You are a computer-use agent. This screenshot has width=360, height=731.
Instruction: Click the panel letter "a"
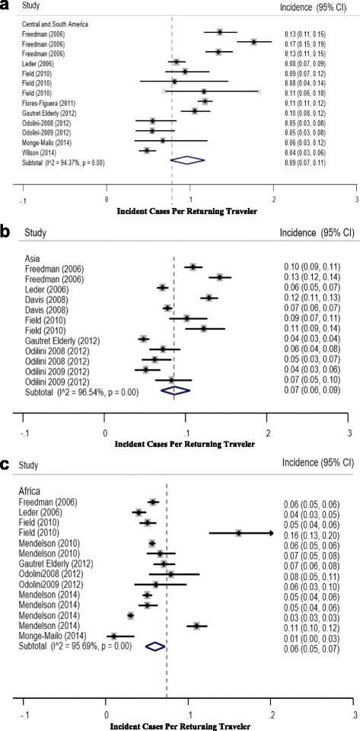(x=6, y=7)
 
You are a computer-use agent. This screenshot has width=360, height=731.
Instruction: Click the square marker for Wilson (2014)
(x=147, y=151)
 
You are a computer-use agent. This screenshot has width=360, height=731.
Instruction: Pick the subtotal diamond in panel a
(x=187, y=161)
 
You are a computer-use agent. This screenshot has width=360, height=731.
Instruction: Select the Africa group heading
(x=33, y=491)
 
